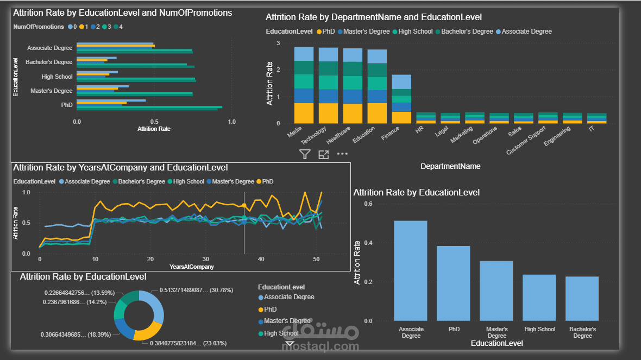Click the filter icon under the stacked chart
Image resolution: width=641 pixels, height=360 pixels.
pyautogui.click(x=305, y=154)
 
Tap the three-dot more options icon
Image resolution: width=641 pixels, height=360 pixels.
pyautogui.click(x=342, y=154)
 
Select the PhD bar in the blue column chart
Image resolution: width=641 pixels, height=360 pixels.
pyautogui.click(x=454, y=283)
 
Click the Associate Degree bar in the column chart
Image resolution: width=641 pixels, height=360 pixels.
pyautogui.click(x=411, y=270)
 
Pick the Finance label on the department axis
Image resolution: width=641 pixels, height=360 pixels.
pyautogui.click(x=390, y=133)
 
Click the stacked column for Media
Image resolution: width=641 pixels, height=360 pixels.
pyautogui.click(x=304, y=85)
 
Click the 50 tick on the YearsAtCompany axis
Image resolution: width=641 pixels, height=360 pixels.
pyautogui.click(x=316, y=259)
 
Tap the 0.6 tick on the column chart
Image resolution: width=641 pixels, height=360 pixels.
pyautogui.click(x=368, y=204)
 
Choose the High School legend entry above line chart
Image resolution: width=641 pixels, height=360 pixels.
pyautogui.click(x=186, y=181)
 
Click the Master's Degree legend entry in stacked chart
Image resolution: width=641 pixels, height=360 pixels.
pyautogui.click(x=364, y=31)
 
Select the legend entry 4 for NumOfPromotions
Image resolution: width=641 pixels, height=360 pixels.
pyautogui.click(x=118, y=27)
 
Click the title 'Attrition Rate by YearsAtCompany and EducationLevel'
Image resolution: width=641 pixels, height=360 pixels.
pyautogui.click(x=121, y=168)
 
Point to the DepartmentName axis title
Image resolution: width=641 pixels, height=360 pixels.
pyautogui.click(x=450, y=166)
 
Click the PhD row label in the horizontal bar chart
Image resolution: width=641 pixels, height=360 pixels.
pyautogui.click(x=67, y=105)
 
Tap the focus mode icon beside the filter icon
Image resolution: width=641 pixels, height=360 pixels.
pyautogui.click(x=323, y=154)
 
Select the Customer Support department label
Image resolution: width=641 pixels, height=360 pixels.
pyautogui.click(x=526, y=140)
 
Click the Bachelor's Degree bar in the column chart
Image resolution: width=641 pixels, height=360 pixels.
pyautogui.click(x=582, y=299)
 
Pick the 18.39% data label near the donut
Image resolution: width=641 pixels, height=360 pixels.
pyautogui.click(x=76, y=334)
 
